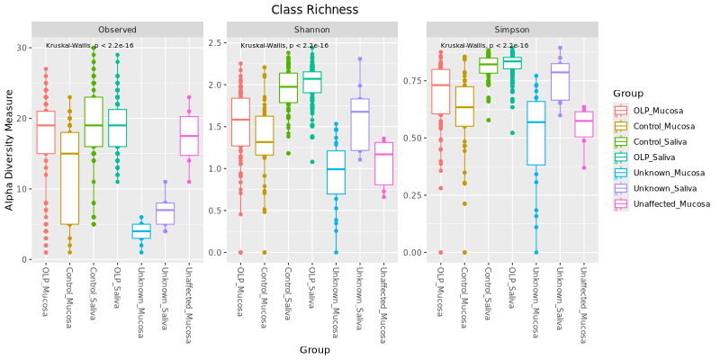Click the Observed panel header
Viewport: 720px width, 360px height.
pos(118,30)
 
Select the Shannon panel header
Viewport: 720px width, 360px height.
pos(311,30)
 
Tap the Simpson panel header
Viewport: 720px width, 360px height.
pos(505,30)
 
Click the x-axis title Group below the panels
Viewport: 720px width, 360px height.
pos(315,349)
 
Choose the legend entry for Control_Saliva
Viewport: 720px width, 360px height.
pos(659,142)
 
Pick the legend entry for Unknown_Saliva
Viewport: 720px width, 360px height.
pos(659,188)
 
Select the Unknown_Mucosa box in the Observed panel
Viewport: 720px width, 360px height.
pos(141,231)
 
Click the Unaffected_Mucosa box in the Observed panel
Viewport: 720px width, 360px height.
pos(189,136)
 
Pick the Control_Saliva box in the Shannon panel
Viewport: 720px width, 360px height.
pos(288,88)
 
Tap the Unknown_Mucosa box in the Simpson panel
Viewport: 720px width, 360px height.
pos(535,133)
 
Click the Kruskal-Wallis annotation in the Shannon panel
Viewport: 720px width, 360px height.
pos(284,45)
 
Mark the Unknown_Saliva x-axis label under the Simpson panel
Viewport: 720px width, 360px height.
pos(560,292)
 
